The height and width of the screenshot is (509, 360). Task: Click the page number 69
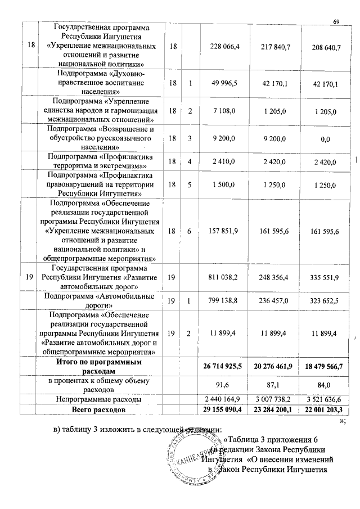coord(336,21)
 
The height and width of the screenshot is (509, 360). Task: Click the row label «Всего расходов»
coord(98,409)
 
